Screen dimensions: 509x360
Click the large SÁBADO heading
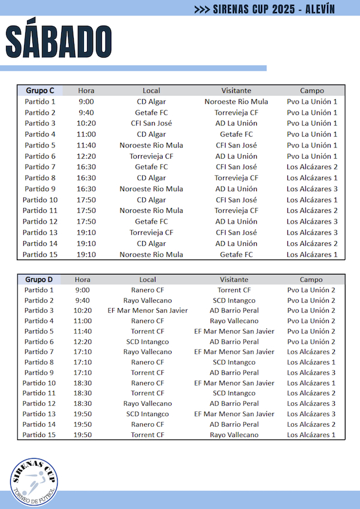(x=59, y=41)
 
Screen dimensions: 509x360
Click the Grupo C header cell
(x=40, y=91)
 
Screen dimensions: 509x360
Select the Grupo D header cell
(x=40, y=279)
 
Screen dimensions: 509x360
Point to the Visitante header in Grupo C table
(x=236, y=91)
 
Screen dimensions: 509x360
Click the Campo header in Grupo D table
(x=311, y=279)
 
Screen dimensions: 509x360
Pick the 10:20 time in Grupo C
(x=86, y=124)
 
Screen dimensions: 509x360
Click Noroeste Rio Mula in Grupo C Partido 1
(x=236, y=101)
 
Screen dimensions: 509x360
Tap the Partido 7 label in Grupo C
(x=40, y=167)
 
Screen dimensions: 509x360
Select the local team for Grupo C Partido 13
(x=151, y=233)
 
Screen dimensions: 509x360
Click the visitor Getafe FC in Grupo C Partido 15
(x=236, y=254)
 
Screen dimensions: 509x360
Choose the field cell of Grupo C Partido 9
(x=311, y=189)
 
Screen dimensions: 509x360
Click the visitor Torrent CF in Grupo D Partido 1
(x=234, y=290)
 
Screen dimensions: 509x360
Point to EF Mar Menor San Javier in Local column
(x=148, y=311)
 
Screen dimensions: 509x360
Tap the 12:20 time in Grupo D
(x=83, y=342)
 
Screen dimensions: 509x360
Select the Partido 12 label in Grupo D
(x=40, y=403)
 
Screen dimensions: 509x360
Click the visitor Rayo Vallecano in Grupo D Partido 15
(x=234, y=435)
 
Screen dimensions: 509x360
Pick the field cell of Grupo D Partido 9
(x=311, y=372)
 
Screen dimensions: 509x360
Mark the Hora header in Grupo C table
(x=86, y=91)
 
